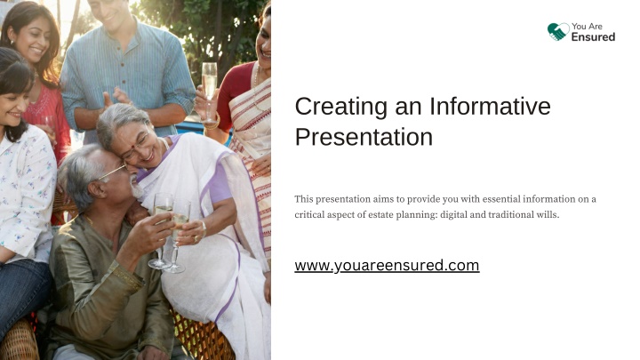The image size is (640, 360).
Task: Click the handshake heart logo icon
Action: click(558, 32)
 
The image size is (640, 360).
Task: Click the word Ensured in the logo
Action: click(593, 37)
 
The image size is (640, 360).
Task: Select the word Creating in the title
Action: click(340, 107)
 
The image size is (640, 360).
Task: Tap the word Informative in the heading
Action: click(490, 106)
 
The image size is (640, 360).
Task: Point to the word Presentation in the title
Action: click(364, 137)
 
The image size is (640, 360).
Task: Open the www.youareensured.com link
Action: click(387, 265)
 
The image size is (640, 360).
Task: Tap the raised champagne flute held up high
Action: click(209, 91)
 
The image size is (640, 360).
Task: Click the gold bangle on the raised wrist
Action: click(212, 123)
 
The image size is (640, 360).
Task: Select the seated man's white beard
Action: click(136, 189)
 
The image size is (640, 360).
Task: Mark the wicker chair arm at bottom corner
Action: click(19, 340)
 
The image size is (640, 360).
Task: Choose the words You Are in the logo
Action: click(587, 27)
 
